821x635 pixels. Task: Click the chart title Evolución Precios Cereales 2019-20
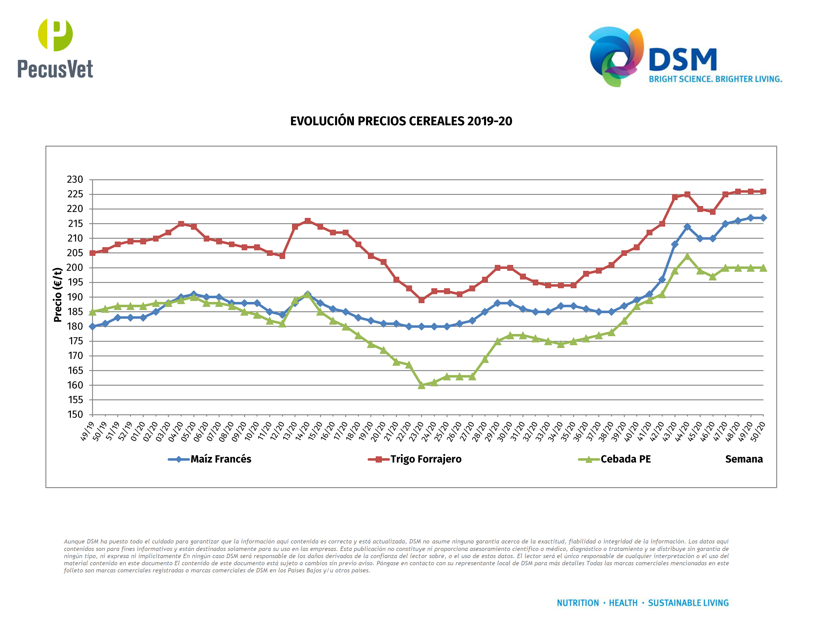(x=401, y=121)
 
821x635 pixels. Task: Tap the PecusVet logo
(x=55, y=48)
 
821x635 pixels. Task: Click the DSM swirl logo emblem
(x=616, y=56)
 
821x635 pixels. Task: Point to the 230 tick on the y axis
(x=75, y=180)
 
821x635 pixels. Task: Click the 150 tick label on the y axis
(x=75, y=415)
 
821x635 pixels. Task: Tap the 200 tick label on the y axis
(x=75, y=268)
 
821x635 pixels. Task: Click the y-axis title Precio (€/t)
(x=58, y=295)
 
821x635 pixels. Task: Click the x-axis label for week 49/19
(x=87, y=431)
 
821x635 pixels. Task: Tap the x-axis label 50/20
(x=758, y=432)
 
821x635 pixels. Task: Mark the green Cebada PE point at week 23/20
(x=421, y=385)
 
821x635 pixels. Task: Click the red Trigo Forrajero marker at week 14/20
(x=308, y=221)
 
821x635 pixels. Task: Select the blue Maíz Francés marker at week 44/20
(x=687, y=227)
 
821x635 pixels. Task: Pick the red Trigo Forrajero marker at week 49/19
(x=92, y=253)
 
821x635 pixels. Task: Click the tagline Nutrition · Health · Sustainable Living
(x=642, y=603)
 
